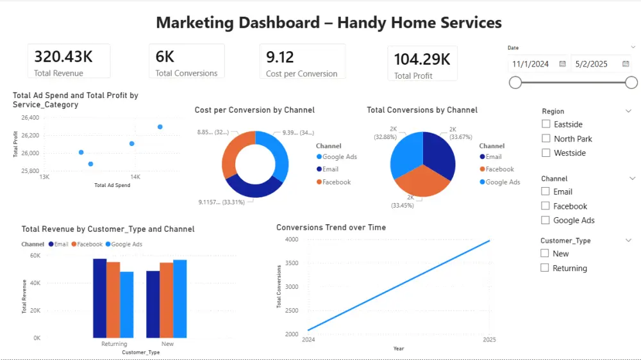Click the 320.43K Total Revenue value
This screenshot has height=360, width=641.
(x=63, y=56)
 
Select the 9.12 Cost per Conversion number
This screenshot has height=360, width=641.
(x=280, y=56)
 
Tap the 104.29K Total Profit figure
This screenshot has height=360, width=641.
(x=422, y=60)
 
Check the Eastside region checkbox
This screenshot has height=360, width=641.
(x=546, y=124)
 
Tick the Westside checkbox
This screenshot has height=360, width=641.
(x=546, y=153)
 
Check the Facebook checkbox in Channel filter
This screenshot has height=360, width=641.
(x=546, y=206)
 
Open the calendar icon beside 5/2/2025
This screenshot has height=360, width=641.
(x=626, y=64)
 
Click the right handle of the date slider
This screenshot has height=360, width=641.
(x=631, y=82)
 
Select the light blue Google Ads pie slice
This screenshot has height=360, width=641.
(x=406, y=154)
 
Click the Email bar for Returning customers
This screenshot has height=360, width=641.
(x=99, y=298)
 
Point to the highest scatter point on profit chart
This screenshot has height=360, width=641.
(x=160, y=127)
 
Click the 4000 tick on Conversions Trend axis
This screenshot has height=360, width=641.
(x=292, y=240)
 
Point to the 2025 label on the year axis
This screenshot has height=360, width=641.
(x=490, y=340)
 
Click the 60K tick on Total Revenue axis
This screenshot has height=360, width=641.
(x=36, y=256)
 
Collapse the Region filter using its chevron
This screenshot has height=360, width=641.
(x=628, y=111)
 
